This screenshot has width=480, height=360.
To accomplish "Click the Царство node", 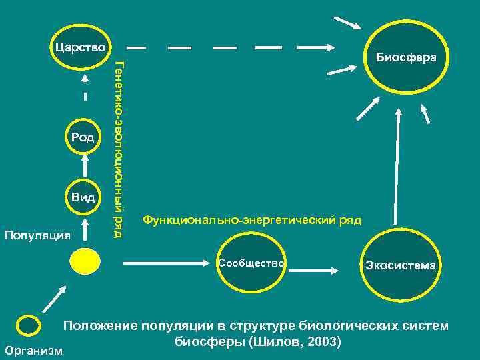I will pyautogui.click(x=81, y=47).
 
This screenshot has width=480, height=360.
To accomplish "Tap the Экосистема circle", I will pyautogui.click(x=400, y=265).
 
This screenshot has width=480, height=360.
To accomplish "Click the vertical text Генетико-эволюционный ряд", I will pyautogui.click(x=119, y=149).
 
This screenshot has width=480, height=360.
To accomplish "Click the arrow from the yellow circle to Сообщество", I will pyautogui.click(x=166, y=263).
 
